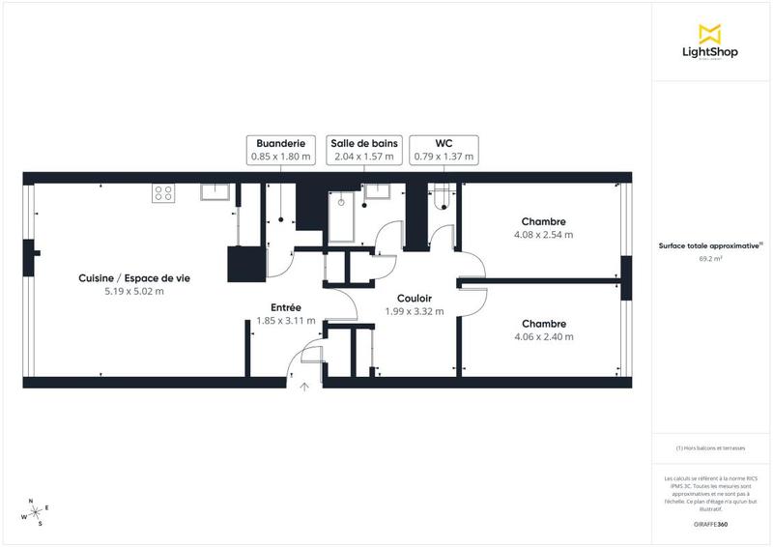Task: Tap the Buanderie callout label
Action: coord(280,149)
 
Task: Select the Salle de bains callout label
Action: coord(362,149)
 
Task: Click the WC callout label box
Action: coord(444,149)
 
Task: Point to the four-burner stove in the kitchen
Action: coord(162,192)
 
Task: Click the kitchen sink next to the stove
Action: coord(215,191)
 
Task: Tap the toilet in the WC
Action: coord(443,197)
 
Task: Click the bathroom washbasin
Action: coord(376,191)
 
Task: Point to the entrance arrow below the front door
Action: coord(304,387)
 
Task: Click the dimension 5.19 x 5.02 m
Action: coord(134,291)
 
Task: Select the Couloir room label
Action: coord(414,299)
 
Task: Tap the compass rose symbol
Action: coord(34,512)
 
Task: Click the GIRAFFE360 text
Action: coord(710,523)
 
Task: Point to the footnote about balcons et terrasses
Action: coord(710,448)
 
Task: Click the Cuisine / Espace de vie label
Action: coord(134,277)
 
